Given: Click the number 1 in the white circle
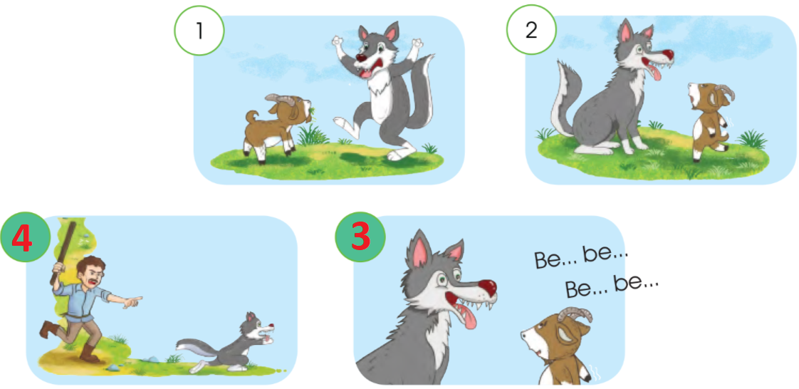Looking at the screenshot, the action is [199, 31].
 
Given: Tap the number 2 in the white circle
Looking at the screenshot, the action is [531, 31].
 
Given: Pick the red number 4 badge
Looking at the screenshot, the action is [23, 239].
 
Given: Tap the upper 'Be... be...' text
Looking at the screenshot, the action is [581, 257].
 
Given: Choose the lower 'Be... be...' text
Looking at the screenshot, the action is [612, 286].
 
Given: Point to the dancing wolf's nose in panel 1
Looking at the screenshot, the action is [361, 58].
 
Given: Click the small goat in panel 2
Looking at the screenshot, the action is [710, 123].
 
